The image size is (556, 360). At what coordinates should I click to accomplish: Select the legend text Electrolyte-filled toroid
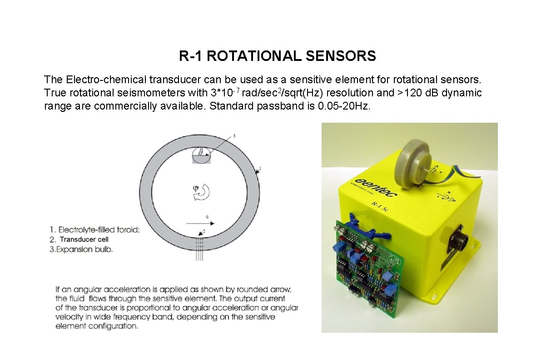coord(99,230)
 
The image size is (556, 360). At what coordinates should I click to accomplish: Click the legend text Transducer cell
coord(84,239)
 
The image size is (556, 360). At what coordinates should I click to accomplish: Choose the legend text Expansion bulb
coord(84,249)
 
